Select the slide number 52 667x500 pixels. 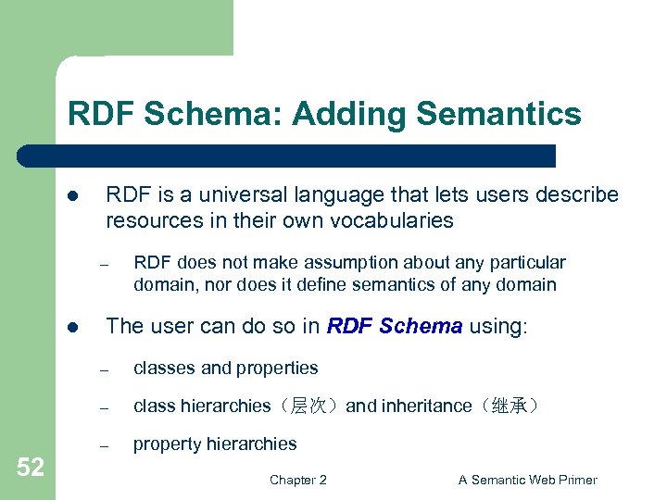point(30,468)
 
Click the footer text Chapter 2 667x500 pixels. point(297,480)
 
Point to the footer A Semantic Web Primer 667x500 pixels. point(527,480)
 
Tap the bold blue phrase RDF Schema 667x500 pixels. point(395,326)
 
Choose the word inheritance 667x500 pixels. point(425,406)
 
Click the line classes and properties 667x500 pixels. point(225,368)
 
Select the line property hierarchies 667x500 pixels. point(215,444)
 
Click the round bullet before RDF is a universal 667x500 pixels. point(73,196)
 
